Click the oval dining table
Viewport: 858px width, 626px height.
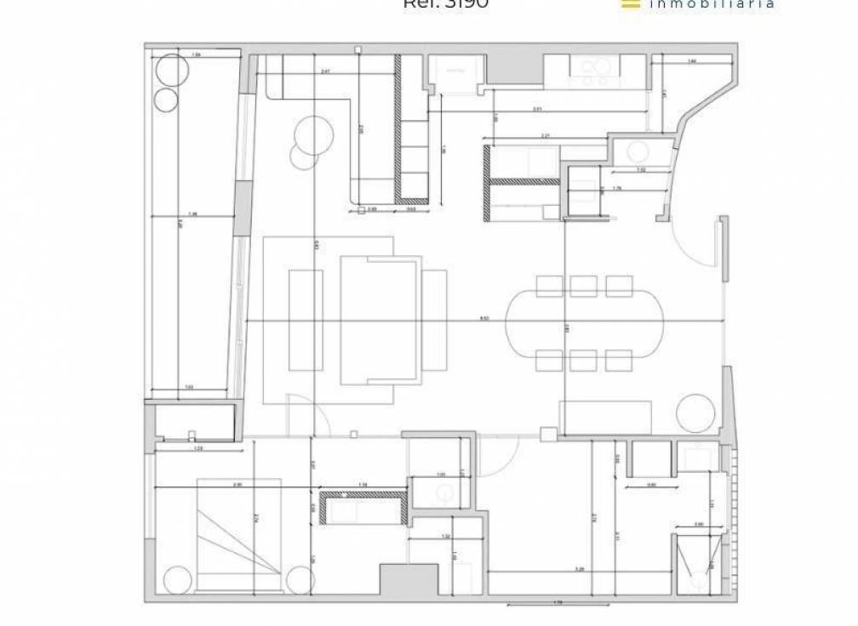point(586,323)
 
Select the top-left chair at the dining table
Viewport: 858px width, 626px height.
point(550,287)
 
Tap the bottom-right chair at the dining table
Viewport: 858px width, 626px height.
point(619,361)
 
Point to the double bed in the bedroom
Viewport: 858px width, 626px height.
point(239,534)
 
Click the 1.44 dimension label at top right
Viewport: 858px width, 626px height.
point(691,61)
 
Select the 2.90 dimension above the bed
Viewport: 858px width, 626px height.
point(237,484)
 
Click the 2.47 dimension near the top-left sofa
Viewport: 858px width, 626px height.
point(326,72)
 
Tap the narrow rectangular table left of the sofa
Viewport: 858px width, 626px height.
point(306,319)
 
